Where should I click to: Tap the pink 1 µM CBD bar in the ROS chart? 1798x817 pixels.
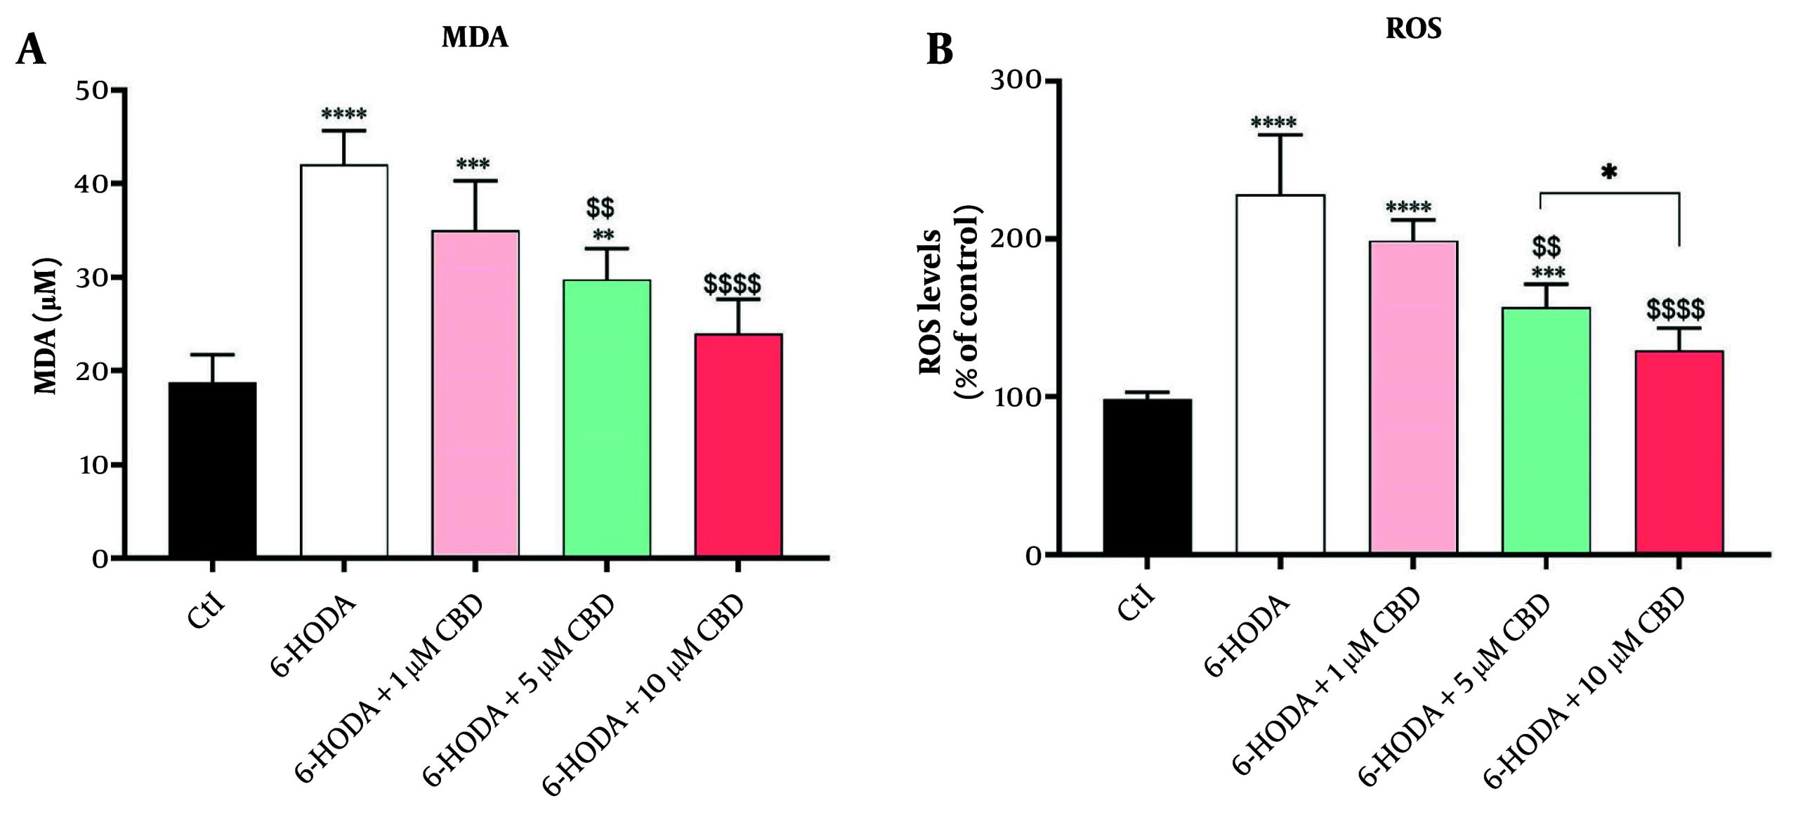coord(1413,397)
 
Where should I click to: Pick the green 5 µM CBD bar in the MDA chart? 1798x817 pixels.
coord(607,418)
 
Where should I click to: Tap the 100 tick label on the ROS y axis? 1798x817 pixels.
coord(1015,397)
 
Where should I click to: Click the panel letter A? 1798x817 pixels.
coord(30,50)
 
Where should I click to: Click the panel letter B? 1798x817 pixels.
coord(940,50)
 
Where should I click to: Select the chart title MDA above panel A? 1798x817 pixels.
coord(475,37)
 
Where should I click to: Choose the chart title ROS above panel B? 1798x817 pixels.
coord(1413,29)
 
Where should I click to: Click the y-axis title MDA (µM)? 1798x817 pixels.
coord(46,326)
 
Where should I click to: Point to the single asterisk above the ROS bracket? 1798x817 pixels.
coord(1609,172)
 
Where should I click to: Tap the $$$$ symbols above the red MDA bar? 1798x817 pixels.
coord(732,285)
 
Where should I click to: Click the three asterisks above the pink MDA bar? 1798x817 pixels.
coord(473,166)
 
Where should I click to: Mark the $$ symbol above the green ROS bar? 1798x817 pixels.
coord(1546,247)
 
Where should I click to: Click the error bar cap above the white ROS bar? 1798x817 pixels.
coord(1280,135)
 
